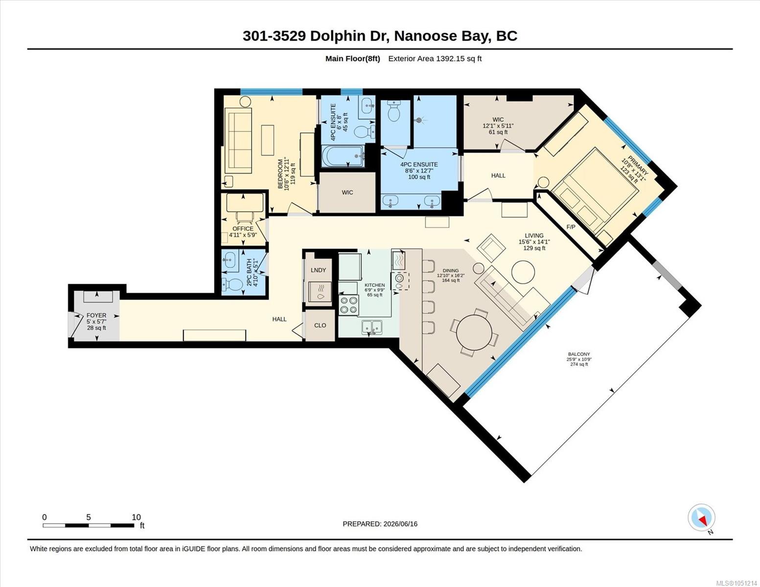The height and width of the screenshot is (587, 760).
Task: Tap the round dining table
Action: [474, 332]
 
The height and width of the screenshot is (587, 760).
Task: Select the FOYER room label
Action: [96, 316]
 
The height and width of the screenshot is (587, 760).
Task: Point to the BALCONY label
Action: [579, 354]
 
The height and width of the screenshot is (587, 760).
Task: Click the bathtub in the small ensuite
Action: [343, 156]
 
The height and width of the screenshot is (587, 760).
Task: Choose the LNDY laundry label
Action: [318, 270]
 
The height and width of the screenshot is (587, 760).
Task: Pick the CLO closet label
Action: [320, 325]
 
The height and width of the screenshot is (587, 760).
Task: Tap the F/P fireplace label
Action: [571, 227]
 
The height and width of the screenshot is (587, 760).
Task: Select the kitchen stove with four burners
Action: [349, 305]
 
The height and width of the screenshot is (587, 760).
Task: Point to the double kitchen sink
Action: [372, 327]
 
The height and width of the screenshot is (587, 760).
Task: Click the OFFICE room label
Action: [243, 228]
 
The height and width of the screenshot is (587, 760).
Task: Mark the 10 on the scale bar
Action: [136, 518]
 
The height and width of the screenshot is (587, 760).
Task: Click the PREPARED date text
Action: [380, 524]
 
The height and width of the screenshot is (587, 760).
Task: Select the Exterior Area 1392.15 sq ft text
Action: [435, 58]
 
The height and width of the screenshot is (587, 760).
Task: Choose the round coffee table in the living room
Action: [523, 272]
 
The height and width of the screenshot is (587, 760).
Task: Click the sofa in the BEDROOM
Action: [238, 140]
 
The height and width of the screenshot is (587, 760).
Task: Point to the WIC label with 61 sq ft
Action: [498, 126]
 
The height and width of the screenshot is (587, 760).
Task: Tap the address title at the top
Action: [380, 36]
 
